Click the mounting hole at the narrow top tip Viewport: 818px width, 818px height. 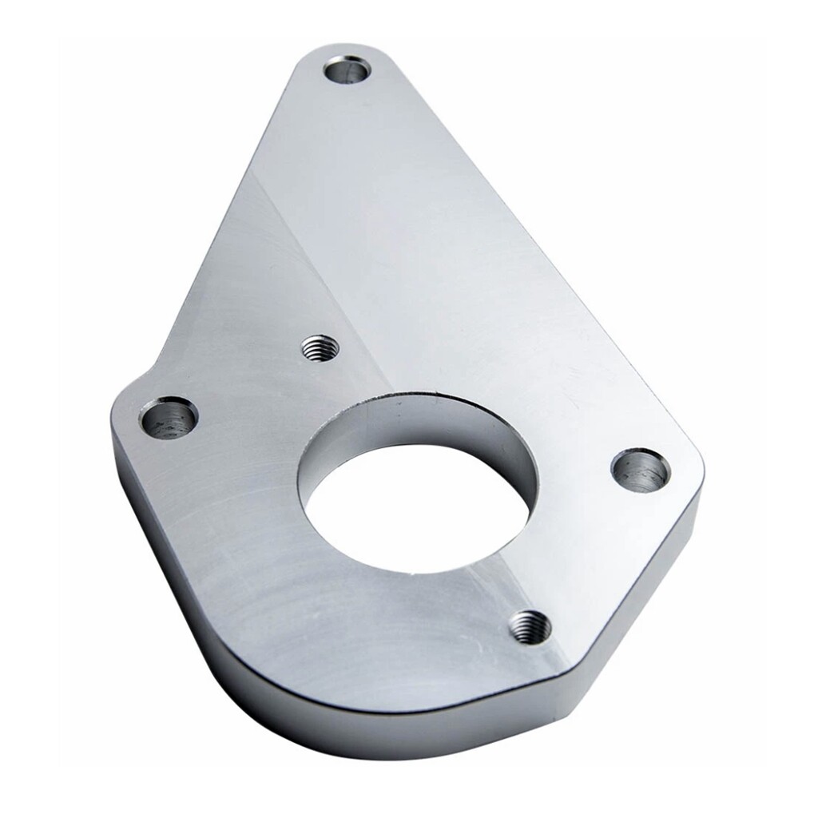[x=349, y=69]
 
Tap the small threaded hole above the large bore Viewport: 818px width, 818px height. [x=320, y=347]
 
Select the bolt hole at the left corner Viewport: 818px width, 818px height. [x=169, y=417]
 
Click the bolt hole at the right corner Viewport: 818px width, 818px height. [x=641, y=470]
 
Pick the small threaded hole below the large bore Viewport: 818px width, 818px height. [x=530, y=625]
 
